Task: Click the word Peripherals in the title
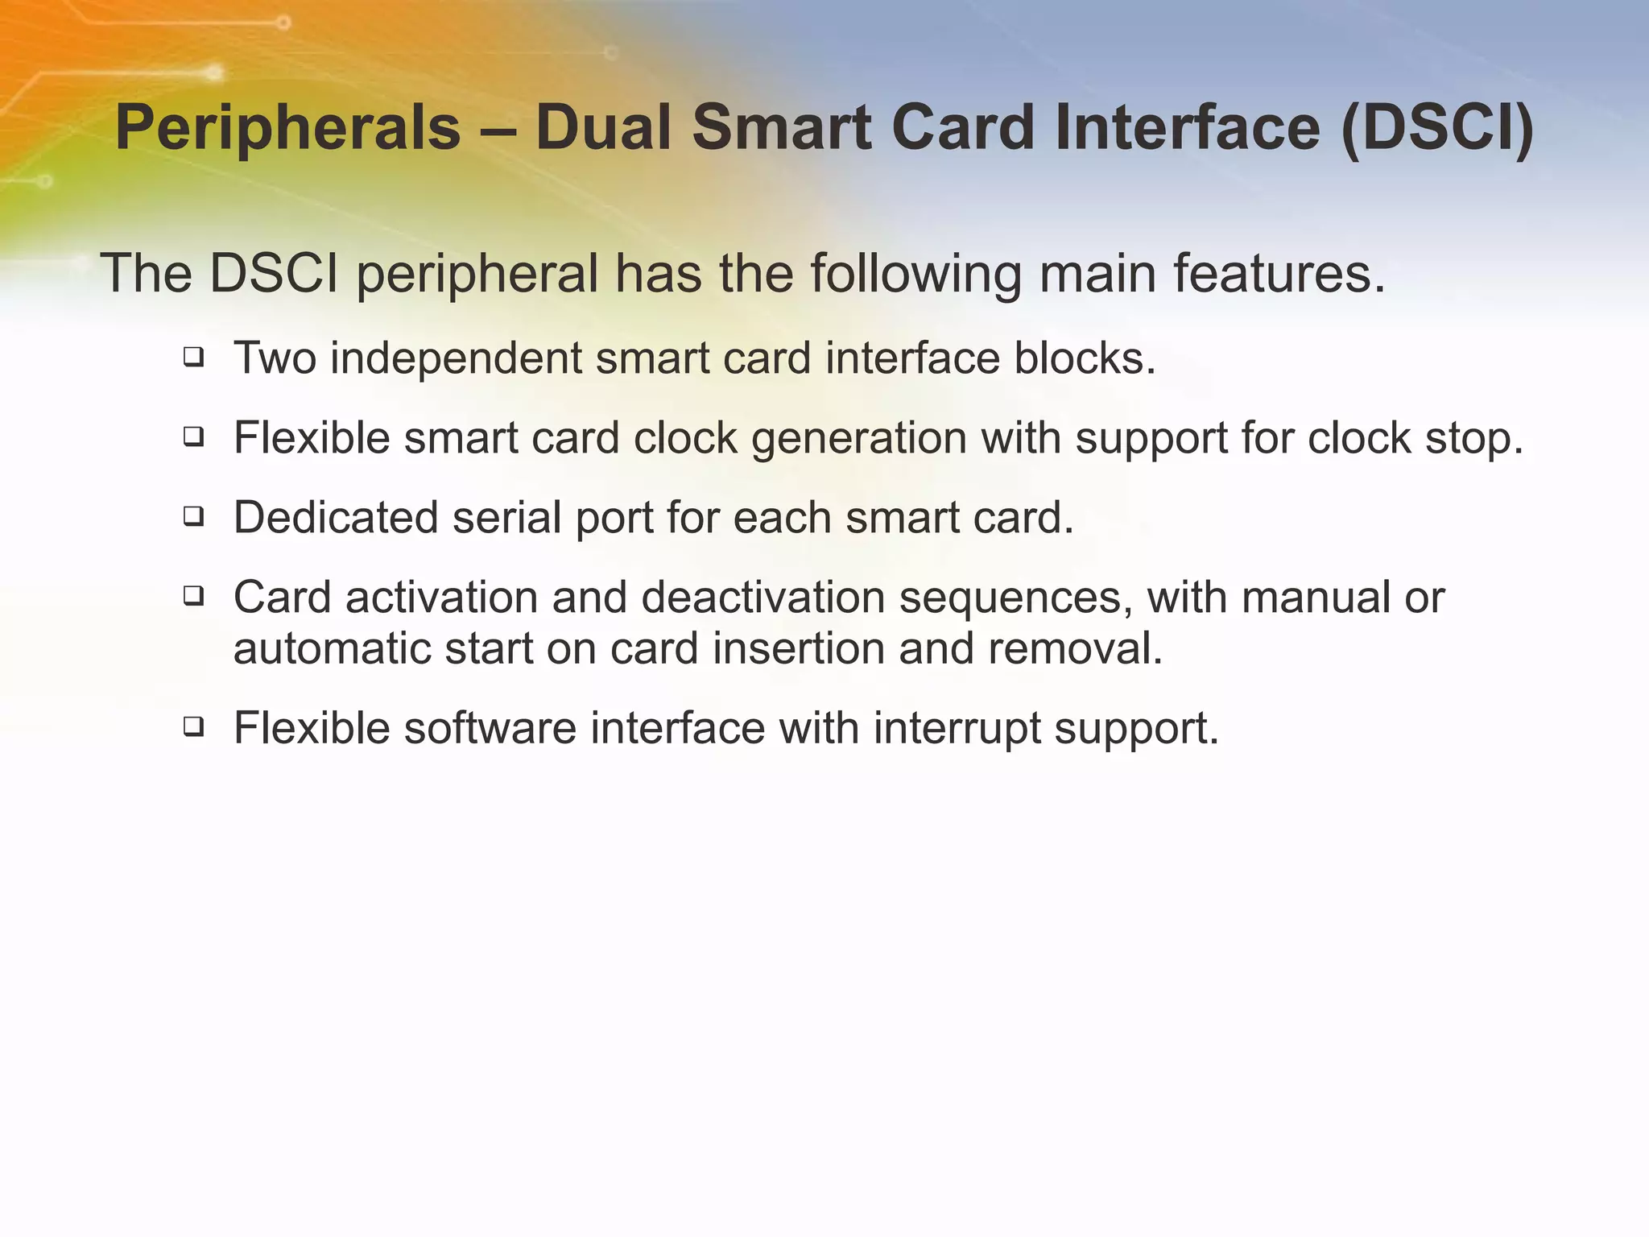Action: coord(287,129)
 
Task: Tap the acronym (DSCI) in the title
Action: coord(1437,129)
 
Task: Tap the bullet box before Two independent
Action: coord(192,357)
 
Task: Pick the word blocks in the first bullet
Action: coord(1084,358)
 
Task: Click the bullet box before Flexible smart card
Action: coord(192,436)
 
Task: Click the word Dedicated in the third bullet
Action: coord(335,517)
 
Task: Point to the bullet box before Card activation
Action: coord(192,596)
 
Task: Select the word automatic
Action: coord(331,648)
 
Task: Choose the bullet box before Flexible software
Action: coord(192,726)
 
